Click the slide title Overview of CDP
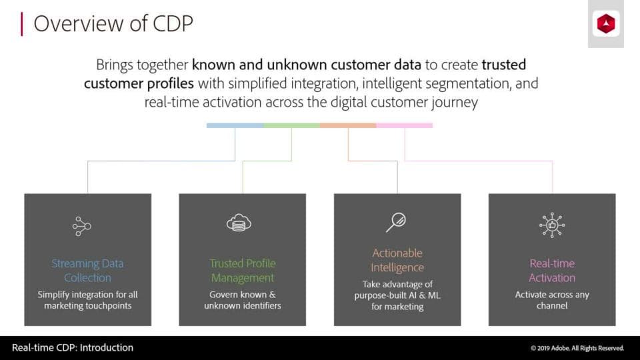(113, 23)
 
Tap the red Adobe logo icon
(606, 25)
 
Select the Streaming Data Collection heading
(87, 271)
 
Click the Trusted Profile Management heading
(243, 271)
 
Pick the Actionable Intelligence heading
(397, 260)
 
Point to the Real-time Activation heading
(552, 271)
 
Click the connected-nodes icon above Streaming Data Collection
(81, 226)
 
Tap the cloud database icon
(239, 223)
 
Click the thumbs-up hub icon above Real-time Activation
(552, 225)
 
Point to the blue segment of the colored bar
(235, 125)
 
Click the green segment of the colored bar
(291, 125)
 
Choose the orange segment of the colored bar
(348, 125)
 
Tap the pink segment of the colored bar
(405, 125)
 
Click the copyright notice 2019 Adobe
(577, 348)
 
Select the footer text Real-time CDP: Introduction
(73, 347)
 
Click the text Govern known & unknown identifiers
(243, 300)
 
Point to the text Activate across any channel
(552, 300)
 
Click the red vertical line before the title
(22, 23)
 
